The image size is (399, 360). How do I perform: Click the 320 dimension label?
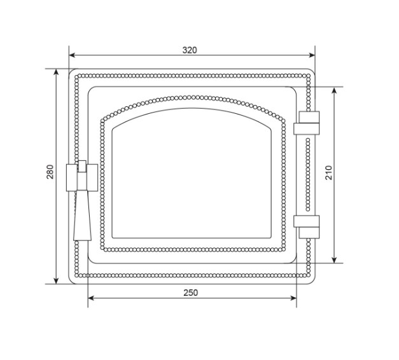[x=190, y=50]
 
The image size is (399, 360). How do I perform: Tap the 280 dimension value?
[x=50, y=172]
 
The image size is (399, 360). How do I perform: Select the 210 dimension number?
[x=329, y=173]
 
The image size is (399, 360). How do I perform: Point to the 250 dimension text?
[x=191, y=293]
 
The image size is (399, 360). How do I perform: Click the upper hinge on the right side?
[x=307, y=123]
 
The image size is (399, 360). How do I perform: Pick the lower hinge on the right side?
[x=307, y=227]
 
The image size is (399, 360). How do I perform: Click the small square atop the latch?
[x=82, y=166]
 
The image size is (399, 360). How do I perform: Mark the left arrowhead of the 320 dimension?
[x=72, y=55]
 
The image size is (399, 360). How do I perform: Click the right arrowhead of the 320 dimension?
[x=312, y=55]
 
